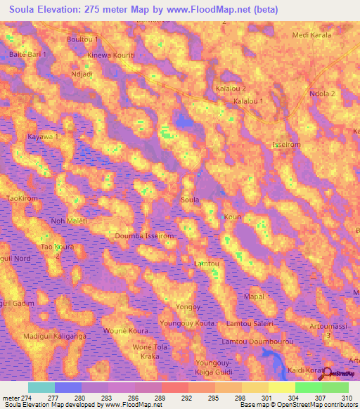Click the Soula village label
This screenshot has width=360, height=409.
(x=190, y=200)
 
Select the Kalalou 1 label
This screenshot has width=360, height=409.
(x=247, y=101)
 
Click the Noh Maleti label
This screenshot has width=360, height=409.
(x=68, y=221)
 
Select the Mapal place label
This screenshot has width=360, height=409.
(x=253, y=297)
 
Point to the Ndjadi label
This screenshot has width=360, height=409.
(x=82, y=73)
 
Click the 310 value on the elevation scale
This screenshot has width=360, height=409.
(x=348, y=398)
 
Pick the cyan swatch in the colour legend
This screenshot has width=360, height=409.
(x=41, y=387)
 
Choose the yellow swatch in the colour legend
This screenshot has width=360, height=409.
(x=281, y=387)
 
